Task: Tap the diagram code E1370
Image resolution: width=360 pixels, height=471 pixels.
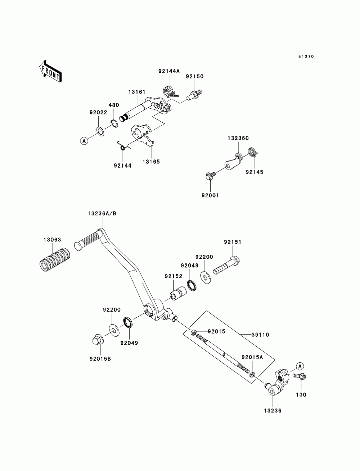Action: pos(306,56)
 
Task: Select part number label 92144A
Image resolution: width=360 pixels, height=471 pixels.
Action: pos(169,71)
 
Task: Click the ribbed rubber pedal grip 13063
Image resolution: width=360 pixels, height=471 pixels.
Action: pos(55,260)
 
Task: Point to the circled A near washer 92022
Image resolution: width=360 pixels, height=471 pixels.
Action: pos(84,141)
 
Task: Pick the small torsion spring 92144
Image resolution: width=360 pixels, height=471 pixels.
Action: pos(123,146)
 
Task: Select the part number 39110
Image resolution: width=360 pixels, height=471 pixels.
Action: pos(260,335)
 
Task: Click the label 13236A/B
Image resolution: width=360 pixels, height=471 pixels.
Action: pos(102,213)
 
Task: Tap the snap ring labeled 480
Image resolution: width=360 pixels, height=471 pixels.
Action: pos(114,123)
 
